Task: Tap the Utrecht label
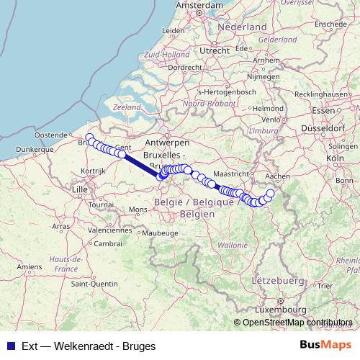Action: click(x=215, y=50)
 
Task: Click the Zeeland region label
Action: click(x=127, y=107)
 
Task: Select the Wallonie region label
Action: click(x=231, y=245)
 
